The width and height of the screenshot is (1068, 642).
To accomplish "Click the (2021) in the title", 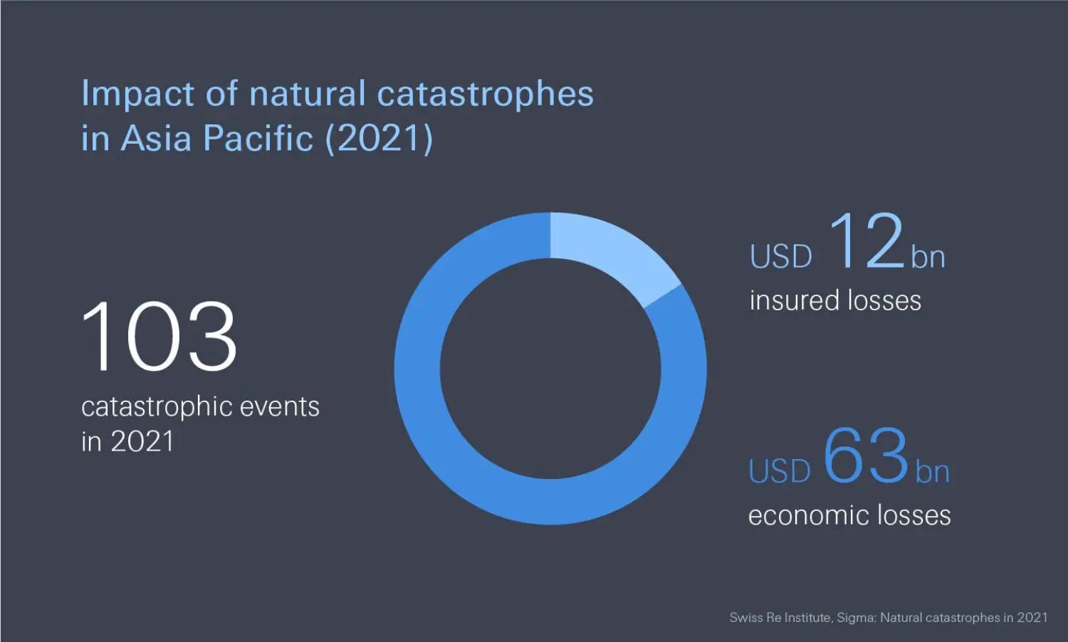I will [379, 138].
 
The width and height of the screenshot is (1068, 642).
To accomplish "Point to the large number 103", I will [158, 336].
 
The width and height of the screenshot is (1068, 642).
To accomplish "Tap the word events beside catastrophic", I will [280, 407].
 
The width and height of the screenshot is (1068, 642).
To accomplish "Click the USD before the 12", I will [781, 257].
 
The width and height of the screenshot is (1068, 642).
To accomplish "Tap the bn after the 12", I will [928, 257].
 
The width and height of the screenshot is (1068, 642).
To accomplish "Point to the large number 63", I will [866, 456].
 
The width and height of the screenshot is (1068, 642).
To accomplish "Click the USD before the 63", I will [780, 471].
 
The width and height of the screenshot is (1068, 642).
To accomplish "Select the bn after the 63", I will [932, 472].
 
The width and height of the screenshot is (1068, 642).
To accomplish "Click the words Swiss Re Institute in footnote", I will [780, 618].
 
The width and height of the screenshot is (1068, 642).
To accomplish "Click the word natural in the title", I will [308, 94].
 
